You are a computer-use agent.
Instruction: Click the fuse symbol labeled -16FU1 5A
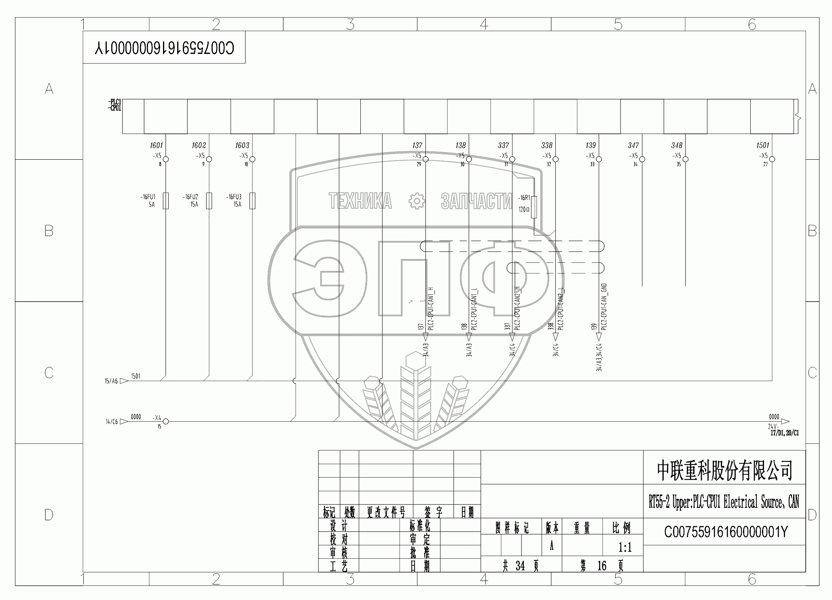[165, 201]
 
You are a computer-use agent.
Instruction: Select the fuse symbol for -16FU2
[209, 201]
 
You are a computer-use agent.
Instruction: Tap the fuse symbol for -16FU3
[252, 201]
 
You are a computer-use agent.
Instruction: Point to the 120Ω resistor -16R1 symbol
[534, 207]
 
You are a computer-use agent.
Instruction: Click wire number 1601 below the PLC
[156, 145]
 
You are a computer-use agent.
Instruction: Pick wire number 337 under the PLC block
[503, 145]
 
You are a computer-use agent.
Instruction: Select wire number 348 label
[676, 145]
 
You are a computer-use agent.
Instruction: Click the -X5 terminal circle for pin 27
[772, 159]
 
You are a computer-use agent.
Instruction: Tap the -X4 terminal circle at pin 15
[165, 422]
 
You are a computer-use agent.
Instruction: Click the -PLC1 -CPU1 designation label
[115, 106]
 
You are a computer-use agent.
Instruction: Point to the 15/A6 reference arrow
[124, 381]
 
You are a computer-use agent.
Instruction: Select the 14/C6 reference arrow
[124, 422]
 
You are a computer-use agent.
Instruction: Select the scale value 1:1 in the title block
[625, 547]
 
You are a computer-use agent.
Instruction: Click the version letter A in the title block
[551, 547]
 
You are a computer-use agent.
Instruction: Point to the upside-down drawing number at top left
[164, 48]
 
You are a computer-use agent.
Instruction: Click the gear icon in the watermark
[416, 201]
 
